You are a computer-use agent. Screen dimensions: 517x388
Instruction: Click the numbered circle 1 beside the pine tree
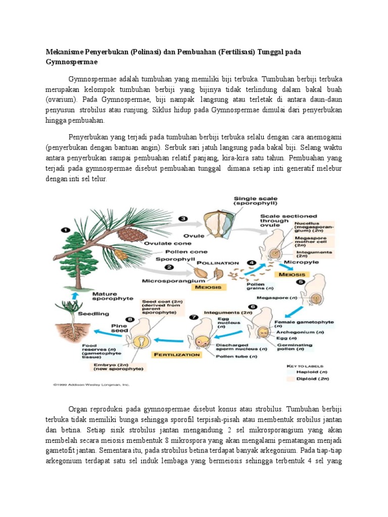coord(65,230)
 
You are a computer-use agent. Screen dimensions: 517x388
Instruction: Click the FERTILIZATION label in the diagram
coord(176,354)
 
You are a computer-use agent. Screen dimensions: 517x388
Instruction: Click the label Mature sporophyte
coord(90,296)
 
